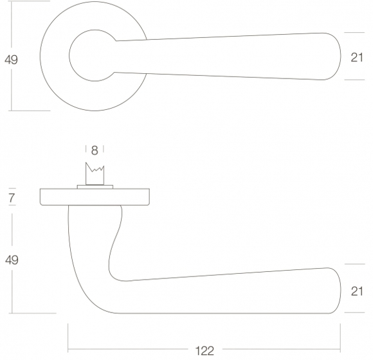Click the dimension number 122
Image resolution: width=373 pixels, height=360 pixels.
point(205,351)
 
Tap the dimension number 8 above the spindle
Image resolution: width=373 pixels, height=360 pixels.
point(95,150)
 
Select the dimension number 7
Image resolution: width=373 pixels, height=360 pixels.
point(12,198)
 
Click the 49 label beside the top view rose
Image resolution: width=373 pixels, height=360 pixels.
point(11,59)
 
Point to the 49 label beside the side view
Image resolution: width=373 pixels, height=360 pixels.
point(12,260)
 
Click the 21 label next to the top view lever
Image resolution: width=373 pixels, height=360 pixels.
point(357,58)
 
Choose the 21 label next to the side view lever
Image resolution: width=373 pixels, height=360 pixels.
point(357,291)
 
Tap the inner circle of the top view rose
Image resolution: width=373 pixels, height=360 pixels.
point(69,55)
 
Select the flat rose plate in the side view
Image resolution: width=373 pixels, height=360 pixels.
point(95,197)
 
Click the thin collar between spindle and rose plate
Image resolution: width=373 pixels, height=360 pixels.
point(95,187)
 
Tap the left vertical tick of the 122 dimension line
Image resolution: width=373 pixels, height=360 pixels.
point(68,337)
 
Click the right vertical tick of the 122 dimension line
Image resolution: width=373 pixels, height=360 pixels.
point(340,337)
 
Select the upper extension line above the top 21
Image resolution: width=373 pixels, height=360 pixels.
point(354,32)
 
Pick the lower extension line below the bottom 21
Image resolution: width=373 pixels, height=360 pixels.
point(354,312)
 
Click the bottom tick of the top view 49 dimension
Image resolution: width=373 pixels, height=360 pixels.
point(30,111)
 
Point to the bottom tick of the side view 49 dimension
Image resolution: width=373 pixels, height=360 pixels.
point(33,314)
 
